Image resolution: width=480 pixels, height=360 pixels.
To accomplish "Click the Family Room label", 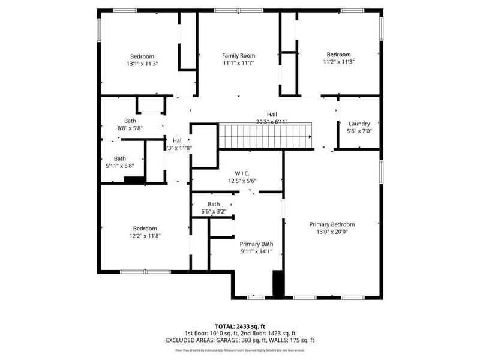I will pyautogui.click(x=238, y=55).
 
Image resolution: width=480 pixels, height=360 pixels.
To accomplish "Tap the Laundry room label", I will pyautogui.click(x=358, y=124).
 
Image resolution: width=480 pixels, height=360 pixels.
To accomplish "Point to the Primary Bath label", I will pyautogui.click(x=256, y=244).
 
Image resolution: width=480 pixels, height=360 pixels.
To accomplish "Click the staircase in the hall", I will pyautogui.click(x=265, y=136).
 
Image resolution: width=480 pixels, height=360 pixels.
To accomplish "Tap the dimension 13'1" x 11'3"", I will pyautogui.click(x=142, y=63).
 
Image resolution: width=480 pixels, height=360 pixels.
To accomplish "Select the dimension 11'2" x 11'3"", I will pyautogui.click(x=340, y=62).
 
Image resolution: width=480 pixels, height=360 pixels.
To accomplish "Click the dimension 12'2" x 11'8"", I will pyautogui.click(x=145, y=236).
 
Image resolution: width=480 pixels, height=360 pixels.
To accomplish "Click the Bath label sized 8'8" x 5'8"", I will pyautogui.click(x=130, y=121).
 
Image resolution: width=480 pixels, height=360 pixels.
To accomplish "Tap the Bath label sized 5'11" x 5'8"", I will pyautogui.click(x=120, y=158).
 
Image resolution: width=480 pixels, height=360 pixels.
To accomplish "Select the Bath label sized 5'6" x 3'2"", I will pyautogui.click(x=214, y=204).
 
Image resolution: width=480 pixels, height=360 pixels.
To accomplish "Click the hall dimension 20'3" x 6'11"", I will pyautogui.click(x=272, y=122).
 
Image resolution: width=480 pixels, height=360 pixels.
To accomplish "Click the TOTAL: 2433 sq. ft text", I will pyautogui.click(x=239, y=326).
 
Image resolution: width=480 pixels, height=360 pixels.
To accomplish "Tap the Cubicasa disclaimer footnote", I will pyautogui.click(x=239, y=350).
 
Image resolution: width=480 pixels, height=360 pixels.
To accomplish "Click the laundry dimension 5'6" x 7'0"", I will pyautogui.click(x=358, y=131).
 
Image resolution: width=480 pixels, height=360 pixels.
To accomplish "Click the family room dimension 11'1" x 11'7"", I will pyautogui.click(x=238, y=62).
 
